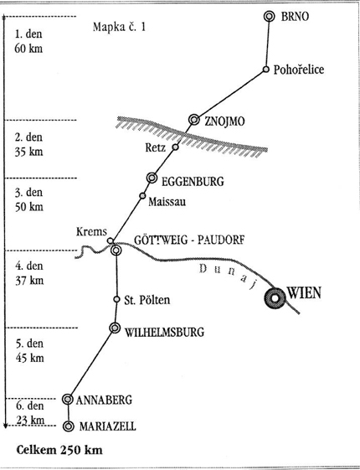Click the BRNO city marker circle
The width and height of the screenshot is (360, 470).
point(270,16)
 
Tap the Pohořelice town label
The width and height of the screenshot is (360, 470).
point(299,70)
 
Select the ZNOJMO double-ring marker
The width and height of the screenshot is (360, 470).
point(194,120)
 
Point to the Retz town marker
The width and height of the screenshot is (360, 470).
point(175,147)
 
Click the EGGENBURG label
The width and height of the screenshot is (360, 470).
point(193,181)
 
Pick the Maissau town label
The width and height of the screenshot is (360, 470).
point(167,201)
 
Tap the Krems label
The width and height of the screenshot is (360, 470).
point(91,231)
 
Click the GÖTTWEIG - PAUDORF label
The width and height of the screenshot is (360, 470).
point(189,240)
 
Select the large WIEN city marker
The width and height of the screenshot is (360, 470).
point(275,298)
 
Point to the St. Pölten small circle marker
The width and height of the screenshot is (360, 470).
point(117,299)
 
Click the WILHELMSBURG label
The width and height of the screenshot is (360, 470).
point(164,332)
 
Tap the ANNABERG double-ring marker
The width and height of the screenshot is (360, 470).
point(68,400)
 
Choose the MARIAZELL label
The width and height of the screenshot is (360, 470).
point(107,426)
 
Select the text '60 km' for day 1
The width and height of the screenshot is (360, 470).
point(28,49)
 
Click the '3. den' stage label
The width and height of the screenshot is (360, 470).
point(29,192)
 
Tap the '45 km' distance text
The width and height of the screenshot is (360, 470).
point(30,358)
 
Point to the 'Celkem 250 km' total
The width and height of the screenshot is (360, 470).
point(59,450)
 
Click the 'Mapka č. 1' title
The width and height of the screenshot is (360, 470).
point(119,27)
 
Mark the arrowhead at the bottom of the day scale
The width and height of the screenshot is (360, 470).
point(5,426)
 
